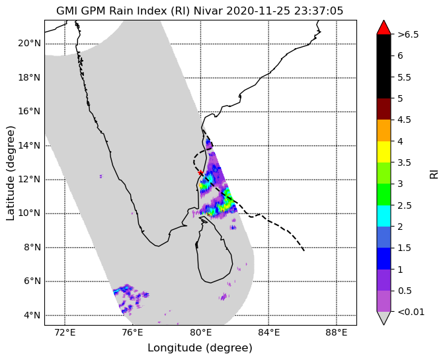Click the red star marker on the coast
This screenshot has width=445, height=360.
tap(200, 172)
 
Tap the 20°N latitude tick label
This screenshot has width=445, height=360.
tap(29, 44)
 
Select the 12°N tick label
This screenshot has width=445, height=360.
tap(29, 180)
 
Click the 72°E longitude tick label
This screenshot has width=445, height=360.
tap(65, 332)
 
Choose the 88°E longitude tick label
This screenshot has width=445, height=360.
tap(337, 332)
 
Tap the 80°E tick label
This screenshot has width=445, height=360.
tap(200, 332)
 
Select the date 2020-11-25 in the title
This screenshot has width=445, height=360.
tap(259, 11)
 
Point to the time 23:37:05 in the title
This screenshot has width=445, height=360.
tap(319, 11)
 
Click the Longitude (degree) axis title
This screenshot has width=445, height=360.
tap(200, 348)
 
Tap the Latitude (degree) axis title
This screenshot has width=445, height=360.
tap(10, 173)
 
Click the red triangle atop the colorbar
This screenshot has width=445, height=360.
tap(384, 27)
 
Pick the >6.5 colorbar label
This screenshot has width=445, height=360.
tap(408, 34)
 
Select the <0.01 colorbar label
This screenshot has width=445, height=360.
tap(411, 312)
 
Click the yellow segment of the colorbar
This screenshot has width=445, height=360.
tap(384, 152)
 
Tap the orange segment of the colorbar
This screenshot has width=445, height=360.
tap(384, 130)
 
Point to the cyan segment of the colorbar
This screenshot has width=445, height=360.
tap(384, 216)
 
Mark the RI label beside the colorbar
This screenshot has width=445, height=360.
tap(434, 173)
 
